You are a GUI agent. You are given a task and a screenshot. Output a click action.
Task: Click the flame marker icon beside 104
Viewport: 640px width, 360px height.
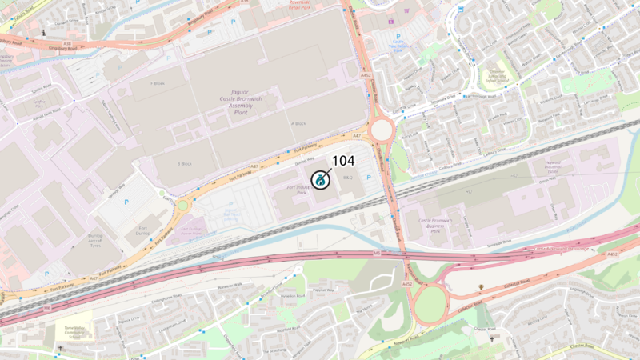[x=320, y=180]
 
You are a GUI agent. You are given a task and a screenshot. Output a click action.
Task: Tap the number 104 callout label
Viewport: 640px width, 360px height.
[x=342, y=160]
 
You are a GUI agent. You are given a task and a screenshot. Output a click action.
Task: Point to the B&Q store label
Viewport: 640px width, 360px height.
[x=348, y=177]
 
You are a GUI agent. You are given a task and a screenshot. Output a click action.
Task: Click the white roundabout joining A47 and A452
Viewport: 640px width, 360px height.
[x=381, y=130]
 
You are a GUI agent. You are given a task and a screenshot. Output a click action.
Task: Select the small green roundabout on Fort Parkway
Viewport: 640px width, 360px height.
[x=182, y=206]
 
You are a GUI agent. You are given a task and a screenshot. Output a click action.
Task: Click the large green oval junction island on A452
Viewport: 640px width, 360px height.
[x=432, y=304]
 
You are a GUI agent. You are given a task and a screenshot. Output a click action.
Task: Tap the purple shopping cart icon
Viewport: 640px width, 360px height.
[x=391, y=21]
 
